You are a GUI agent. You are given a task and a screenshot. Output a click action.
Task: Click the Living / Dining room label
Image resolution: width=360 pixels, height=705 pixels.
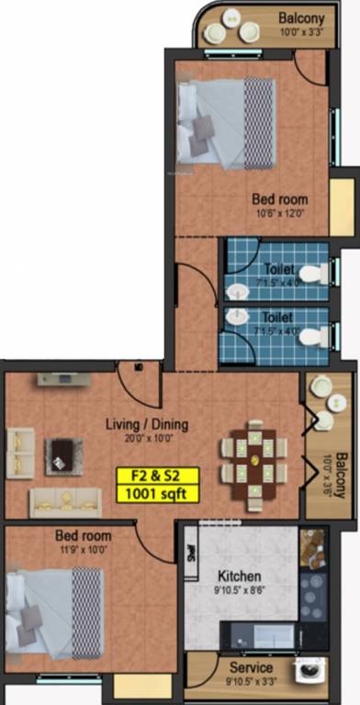tap(148, 424)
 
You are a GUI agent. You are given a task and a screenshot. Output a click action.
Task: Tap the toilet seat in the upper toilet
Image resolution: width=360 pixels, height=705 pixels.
tap(309, 274)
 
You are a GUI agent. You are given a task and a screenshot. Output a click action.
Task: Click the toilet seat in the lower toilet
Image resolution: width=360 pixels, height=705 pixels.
tap(312, 336)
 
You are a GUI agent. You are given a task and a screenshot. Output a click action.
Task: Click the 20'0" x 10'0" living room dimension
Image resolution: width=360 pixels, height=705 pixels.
tap(148, 438)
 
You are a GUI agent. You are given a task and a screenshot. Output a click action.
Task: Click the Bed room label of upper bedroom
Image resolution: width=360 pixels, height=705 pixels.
tap(280, 198)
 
